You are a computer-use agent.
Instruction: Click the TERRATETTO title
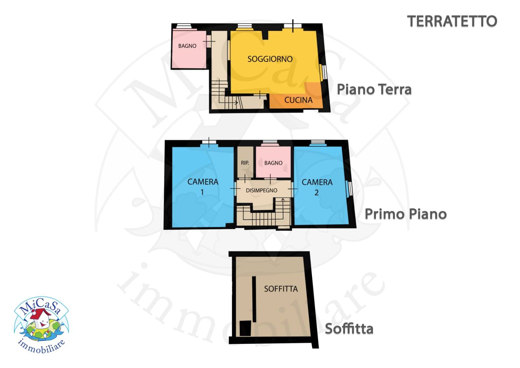point(452,21)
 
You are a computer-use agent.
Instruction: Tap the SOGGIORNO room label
point(270,59)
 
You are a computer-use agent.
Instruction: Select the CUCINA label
point(298,100)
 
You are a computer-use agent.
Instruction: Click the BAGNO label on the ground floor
point(187,46)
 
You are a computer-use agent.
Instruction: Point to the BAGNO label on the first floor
point(273,163)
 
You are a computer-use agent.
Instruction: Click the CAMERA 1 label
point(203,187)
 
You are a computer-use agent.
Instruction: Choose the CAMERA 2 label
point(317,187)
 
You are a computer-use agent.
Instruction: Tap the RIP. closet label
point(245,163)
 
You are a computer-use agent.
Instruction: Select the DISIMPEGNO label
point(261,190)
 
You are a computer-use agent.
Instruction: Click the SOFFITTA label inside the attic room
point(281,289)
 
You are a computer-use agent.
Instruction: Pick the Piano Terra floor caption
point(374,89)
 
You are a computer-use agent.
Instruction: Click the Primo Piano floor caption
point(406,214)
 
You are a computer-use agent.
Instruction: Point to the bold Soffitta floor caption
point(349,329)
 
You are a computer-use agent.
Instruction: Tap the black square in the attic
point(245,328)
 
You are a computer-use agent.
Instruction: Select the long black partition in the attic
point(254,299)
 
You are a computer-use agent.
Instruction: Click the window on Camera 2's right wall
point(350,189)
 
